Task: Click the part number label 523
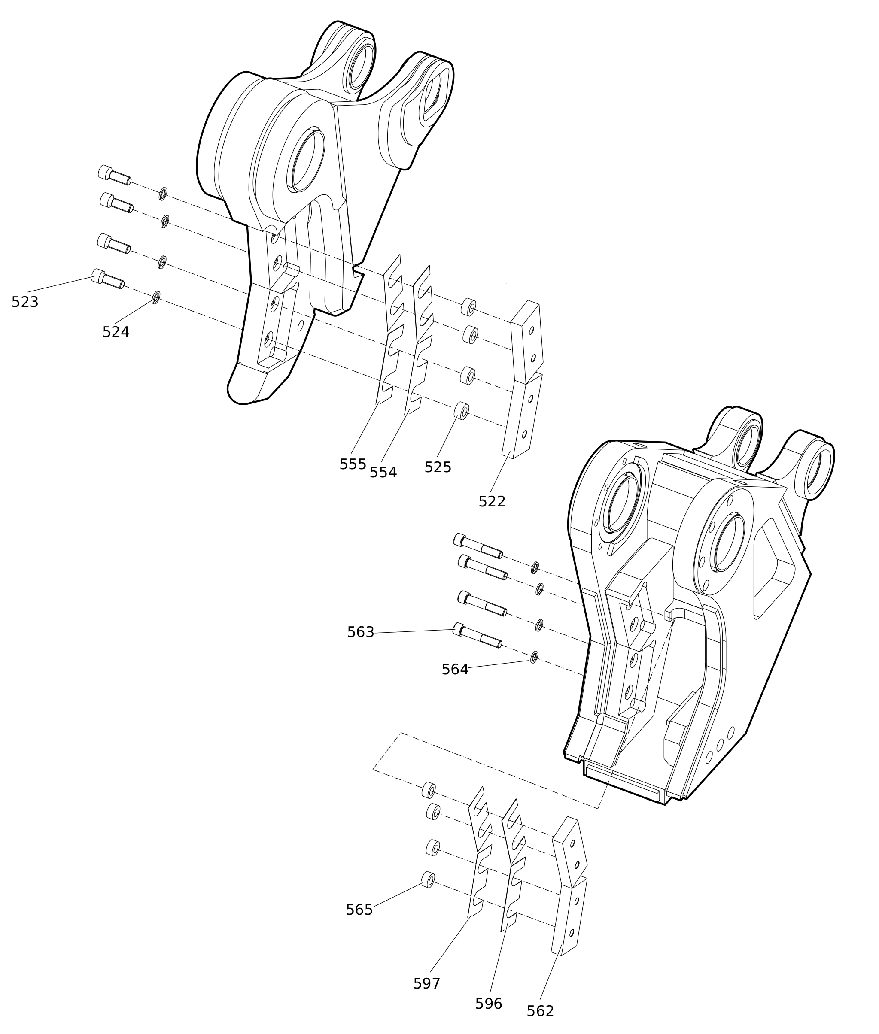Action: (x=25, y=302)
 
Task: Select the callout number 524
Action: (x=116, y=332)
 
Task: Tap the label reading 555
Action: (x=352, y=464)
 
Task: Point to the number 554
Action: (x=383, y=472)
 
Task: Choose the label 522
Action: (x=492, y=502)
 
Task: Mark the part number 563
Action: (x=360, y=632)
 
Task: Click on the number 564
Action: (x=455, y=670)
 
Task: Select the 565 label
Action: (x=359, y=910)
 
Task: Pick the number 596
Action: (x=488, y=1004)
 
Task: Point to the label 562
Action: (x=540, y=1011)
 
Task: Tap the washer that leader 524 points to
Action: (x=156, y=297)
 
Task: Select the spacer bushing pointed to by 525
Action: (x=462, y=410)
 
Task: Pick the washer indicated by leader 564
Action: (x=534, y=657)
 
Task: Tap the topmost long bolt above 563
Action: (x=478, y=546)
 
